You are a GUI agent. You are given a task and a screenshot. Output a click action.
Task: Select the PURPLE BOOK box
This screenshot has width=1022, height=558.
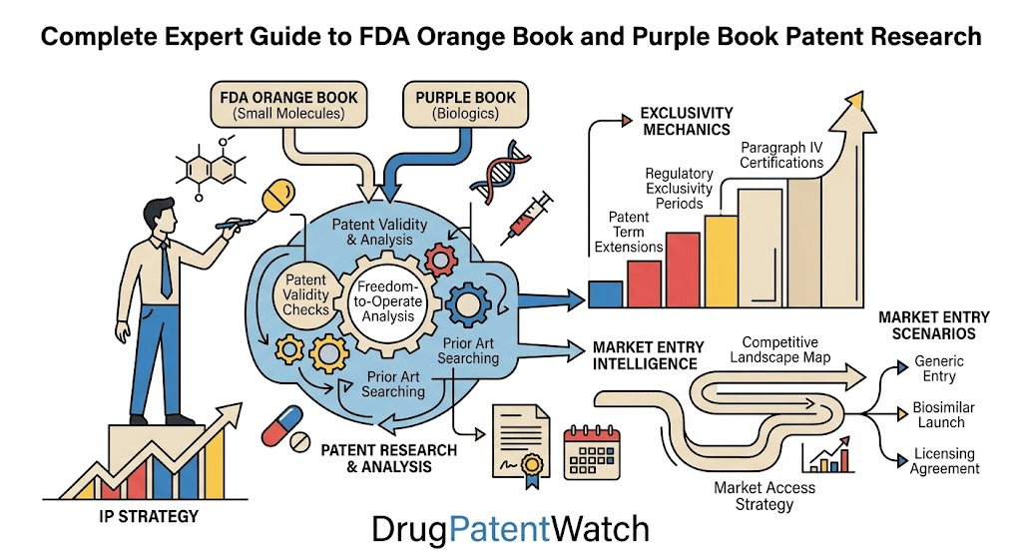tap(465, 105)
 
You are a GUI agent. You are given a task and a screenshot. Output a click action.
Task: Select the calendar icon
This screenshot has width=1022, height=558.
tap(592, 451)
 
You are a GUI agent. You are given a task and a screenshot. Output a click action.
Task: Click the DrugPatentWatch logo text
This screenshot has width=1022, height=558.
tap(510, 529)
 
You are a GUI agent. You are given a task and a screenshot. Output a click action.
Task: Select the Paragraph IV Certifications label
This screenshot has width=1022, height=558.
tap(781, 155)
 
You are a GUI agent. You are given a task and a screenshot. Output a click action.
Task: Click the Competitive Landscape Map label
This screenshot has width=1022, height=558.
tap(779, 349)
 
